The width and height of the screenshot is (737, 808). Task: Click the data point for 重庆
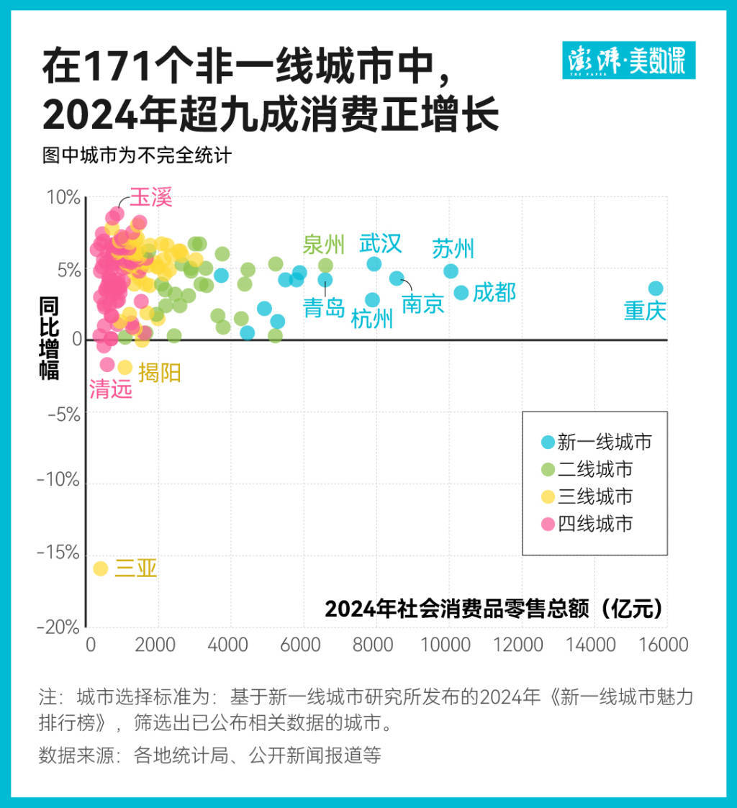[655, 289]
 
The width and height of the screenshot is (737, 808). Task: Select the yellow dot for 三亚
[101, 568]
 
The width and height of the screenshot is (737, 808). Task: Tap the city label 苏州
[453, 249]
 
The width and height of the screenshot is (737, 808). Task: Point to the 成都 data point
[461, 293]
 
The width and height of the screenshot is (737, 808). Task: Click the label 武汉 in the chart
[381, 243]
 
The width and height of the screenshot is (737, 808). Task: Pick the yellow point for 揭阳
[125, 367]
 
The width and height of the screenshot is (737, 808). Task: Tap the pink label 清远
[111, 389]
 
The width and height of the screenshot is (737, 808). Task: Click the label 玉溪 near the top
[151, 198]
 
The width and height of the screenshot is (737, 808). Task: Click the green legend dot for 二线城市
[548, 469]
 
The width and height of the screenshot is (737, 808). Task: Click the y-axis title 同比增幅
[49, 338]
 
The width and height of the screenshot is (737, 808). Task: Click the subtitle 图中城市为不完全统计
[137, 155]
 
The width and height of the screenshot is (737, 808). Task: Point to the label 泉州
[324, 244]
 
